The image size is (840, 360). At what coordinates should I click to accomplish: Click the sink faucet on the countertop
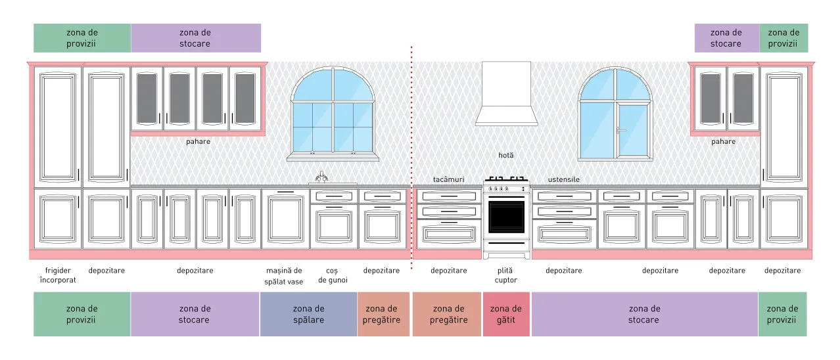(321, 177)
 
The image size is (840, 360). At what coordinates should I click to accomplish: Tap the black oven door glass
(506, 217)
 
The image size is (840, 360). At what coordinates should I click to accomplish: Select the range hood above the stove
(506, 94)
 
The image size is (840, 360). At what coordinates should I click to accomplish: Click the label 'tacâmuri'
(448, 179)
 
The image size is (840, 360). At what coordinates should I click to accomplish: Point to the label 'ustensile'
(564, 179)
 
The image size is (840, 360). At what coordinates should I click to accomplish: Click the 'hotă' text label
(506, 155)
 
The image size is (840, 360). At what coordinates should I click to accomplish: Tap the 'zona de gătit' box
(506, 314)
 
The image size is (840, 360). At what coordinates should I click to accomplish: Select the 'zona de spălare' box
(308, 314)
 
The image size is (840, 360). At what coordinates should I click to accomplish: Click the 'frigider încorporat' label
(58, 275)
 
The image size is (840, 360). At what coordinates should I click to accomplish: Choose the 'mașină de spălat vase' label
(284, 276)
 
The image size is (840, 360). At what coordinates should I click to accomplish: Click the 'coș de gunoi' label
(333, 275)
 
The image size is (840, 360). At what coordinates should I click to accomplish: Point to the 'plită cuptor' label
(505, 275)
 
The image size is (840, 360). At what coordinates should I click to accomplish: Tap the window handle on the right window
(620, 130)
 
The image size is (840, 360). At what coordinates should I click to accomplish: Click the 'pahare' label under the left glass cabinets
(198, 142)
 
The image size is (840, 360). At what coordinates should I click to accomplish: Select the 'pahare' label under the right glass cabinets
(724, 142)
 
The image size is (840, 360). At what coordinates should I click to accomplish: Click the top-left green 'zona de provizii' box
(82, 38)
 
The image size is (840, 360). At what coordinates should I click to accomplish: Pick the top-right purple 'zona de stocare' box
(727, 38)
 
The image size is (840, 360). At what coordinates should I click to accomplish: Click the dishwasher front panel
(286, 219)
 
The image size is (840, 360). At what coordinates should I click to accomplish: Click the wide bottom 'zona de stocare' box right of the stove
(644, 314)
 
